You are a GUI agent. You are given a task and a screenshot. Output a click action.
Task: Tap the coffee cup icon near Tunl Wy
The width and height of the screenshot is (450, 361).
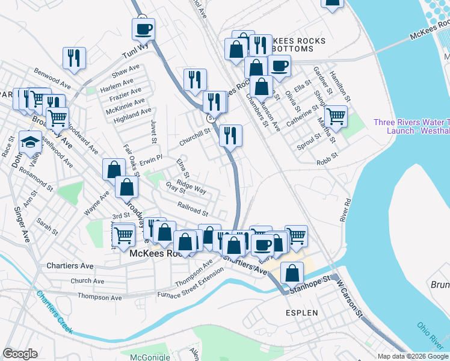(144, 28)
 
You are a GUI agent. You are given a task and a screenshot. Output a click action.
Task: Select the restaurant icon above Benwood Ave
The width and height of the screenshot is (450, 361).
(74, 58)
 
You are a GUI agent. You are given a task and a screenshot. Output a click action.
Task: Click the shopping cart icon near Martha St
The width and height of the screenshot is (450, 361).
(336, 116)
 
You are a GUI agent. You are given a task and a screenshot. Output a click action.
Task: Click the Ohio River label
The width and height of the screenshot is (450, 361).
(429, 334)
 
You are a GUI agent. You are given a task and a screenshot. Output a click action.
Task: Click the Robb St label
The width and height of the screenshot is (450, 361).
(328, 162)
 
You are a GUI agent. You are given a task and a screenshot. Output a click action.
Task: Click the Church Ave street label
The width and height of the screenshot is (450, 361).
(89, 281)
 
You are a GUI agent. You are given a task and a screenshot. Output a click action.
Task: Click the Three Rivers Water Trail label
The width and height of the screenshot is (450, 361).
(411, 126)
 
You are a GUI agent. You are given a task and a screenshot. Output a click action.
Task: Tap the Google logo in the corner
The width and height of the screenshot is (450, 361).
(20, 353)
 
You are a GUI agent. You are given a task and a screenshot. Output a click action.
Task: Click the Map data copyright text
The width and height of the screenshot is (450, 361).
(413, 356)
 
